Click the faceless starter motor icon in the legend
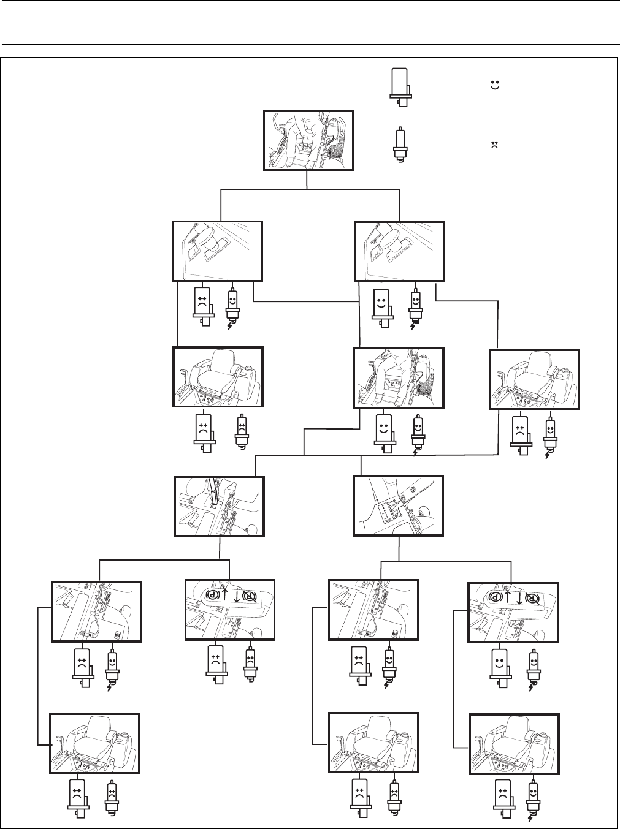click(x=402, y=82)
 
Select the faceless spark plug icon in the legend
click(x=401, y=145)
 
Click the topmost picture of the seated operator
click(x=308, y=140)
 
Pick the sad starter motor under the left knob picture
click(x=203, y=304)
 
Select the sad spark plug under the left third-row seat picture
click(x=241, y=430)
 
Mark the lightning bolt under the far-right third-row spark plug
click(x=548, y=455)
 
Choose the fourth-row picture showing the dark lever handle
click(x=220, y=507)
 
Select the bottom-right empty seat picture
click(x=514, y=745)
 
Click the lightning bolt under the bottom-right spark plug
click(x=530, y=818)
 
